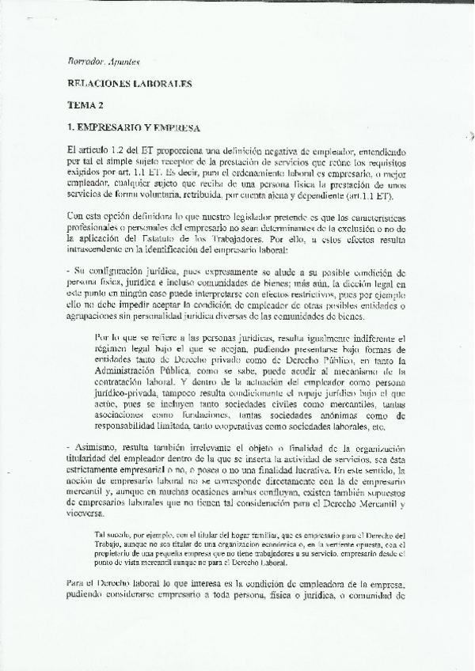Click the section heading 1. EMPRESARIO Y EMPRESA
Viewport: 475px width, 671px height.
point(133,127)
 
